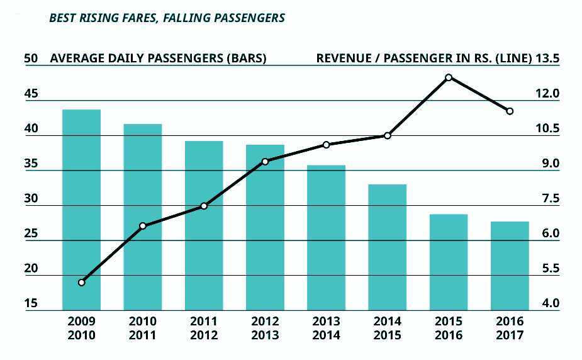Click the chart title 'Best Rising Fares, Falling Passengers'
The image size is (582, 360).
point(167,18)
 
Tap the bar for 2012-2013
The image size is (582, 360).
point(265,227)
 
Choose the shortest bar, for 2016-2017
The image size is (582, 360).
point(509,265)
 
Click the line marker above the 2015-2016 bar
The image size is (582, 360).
point(449,77)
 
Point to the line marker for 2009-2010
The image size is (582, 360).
point(81,282)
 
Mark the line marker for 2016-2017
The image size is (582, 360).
point(510,111)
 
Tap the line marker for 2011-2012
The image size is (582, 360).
point(204,206)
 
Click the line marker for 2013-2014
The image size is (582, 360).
point(326,145)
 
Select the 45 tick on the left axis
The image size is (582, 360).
point(31,94)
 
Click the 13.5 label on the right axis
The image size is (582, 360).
point(547,59)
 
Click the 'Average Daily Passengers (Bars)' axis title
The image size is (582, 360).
point(158,59)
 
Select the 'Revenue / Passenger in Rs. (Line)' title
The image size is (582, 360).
point(423,59)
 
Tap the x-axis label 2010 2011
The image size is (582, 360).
point(143,328)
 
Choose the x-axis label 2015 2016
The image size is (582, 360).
point(449,328)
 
